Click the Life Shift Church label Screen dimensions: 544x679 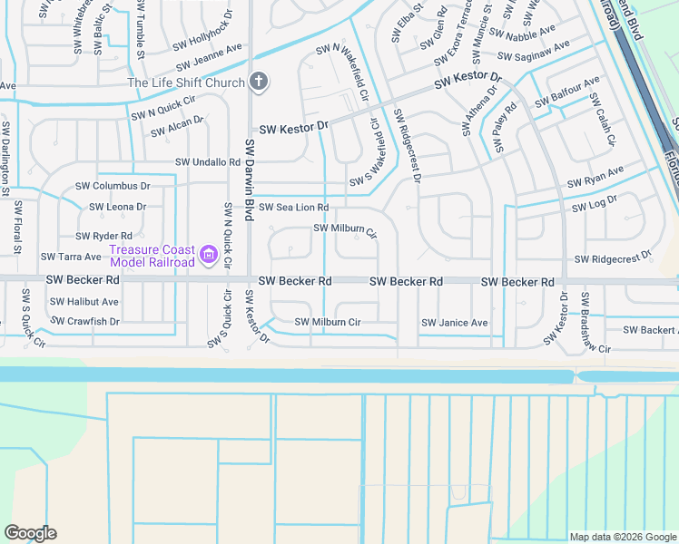(x=185, y=83)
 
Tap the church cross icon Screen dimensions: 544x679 (x=259, y=83)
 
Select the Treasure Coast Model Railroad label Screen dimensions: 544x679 (x=152, y=256)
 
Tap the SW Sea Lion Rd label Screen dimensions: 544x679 (x=294, y=208)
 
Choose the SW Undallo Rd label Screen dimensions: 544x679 (x=208, y=163)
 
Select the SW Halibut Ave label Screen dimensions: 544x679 (x=84, y=302)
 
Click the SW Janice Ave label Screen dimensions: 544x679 (x=455, y=323)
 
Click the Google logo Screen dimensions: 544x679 (x=30, y=533)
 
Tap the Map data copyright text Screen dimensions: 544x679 (x=623, y=537)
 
